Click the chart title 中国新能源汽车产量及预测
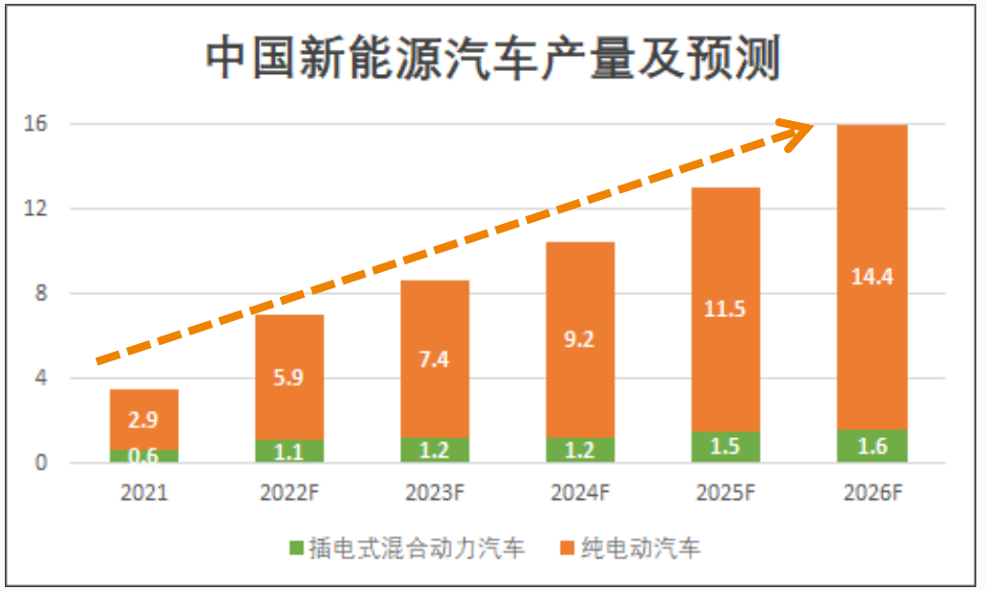click(492, 60)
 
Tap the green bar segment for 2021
click(144, 456)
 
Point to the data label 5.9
click(290, 378)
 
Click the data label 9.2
click(580, 338)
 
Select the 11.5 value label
click(726, 309)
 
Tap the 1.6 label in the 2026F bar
click(873, 447)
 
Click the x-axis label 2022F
click(290, 494)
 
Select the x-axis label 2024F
click(581, 494)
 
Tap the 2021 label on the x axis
click(144, 494)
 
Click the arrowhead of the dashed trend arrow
click(803, 133)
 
